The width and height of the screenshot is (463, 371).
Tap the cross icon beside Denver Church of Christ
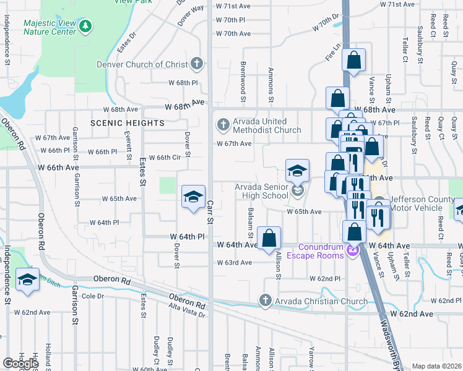(x=196, y=64)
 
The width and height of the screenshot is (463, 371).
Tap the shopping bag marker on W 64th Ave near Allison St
(x=269, y=238)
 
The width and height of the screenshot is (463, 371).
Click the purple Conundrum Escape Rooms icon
(x=353, y=249)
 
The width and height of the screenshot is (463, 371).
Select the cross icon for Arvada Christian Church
(x=266, y=301)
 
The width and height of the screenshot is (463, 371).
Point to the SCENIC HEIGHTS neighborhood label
(x=128, y=123)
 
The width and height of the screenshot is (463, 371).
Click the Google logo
(x=20, y=364)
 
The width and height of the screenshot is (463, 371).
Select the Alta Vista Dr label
(x=187, y=313)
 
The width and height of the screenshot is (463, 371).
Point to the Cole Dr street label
(x=93, y=296)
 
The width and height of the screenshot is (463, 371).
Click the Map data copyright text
(x=437, y=366)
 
